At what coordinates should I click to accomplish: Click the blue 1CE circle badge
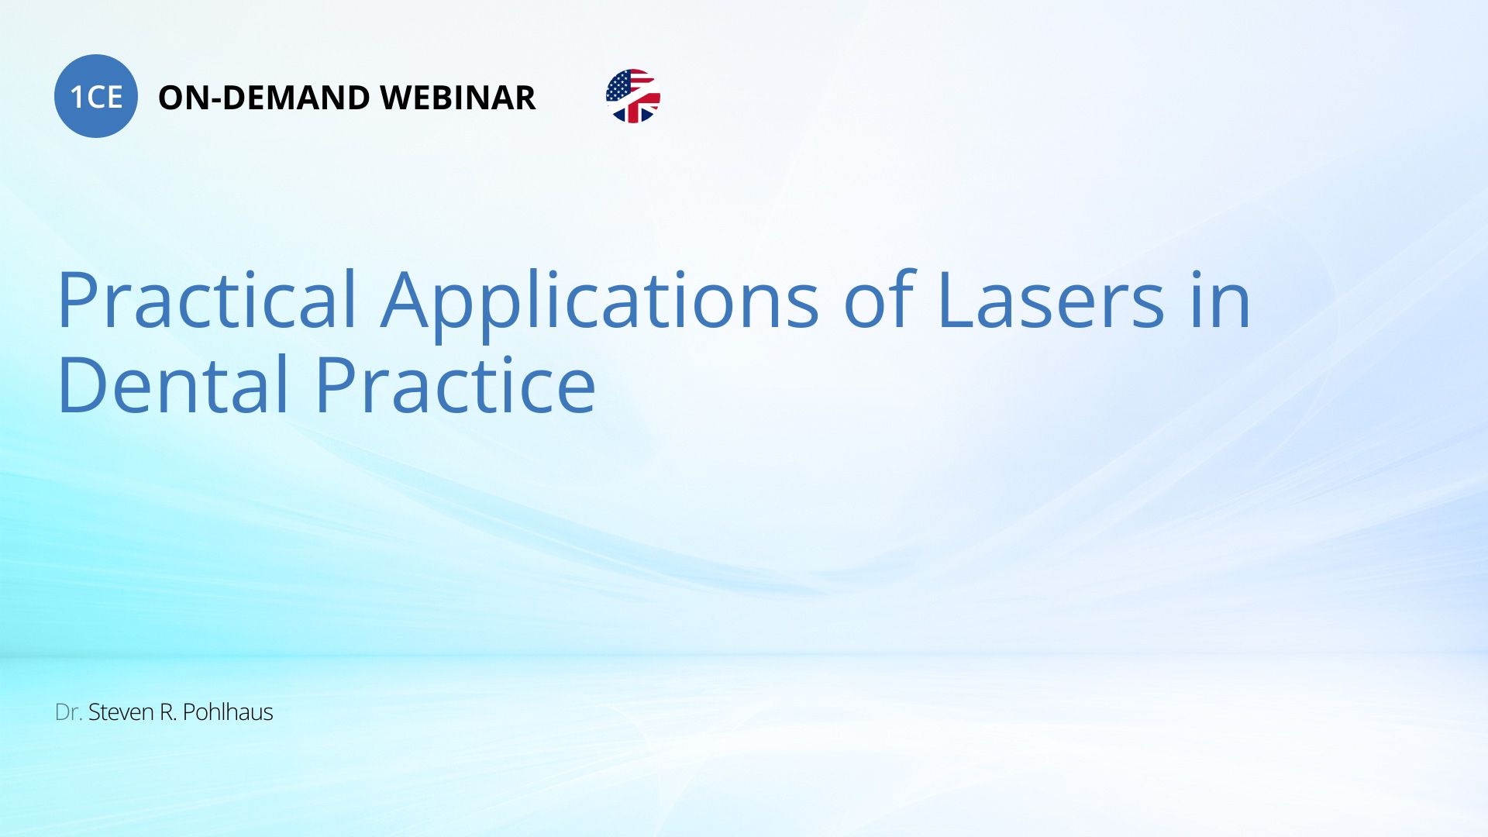(x=96, y=96)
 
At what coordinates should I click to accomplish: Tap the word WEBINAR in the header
(x=458, y=98)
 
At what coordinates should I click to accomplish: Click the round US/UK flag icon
(x=633, y=96)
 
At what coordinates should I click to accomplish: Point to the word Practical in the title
(x=207, y=299)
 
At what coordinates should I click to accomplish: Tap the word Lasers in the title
(x=1051, y=299)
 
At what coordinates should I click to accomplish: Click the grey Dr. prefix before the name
(x=69, y=712)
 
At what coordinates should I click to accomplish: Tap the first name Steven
(x=121, y=712)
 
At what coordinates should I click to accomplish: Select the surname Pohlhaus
(x=228, y=711)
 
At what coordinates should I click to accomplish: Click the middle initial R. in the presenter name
(x=168, y=712)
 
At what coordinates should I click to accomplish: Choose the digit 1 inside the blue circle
(x=77, y=97)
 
